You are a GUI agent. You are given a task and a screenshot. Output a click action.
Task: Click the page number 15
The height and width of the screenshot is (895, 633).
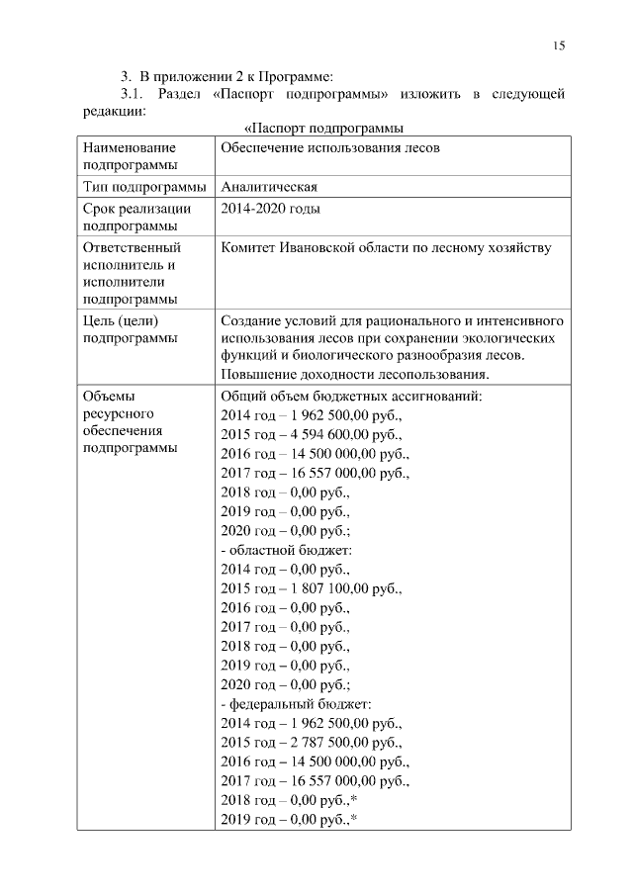tap(559, 45)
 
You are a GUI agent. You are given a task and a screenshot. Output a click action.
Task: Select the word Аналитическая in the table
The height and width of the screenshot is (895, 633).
tap(269, 187)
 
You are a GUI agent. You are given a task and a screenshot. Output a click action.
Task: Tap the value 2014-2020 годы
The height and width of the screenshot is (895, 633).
tap(270, 209)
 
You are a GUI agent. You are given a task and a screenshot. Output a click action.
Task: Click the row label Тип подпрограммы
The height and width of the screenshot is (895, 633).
tap(144, 187)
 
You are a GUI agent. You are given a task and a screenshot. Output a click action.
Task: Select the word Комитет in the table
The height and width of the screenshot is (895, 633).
tap(250, 247)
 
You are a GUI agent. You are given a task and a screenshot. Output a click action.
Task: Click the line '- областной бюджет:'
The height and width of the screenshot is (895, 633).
tap(286, 549)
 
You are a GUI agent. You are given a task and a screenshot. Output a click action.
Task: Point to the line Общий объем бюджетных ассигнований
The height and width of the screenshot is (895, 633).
tap(351, 396)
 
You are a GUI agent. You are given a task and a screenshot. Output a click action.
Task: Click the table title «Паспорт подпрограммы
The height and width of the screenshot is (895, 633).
tap(324, 128)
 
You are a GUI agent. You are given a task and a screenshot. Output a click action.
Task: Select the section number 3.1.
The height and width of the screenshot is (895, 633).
tap(133, 94)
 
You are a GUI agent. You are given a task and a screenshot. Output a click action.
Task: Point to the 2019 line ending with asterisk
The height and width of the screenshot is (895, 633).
tap(289, 819)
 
